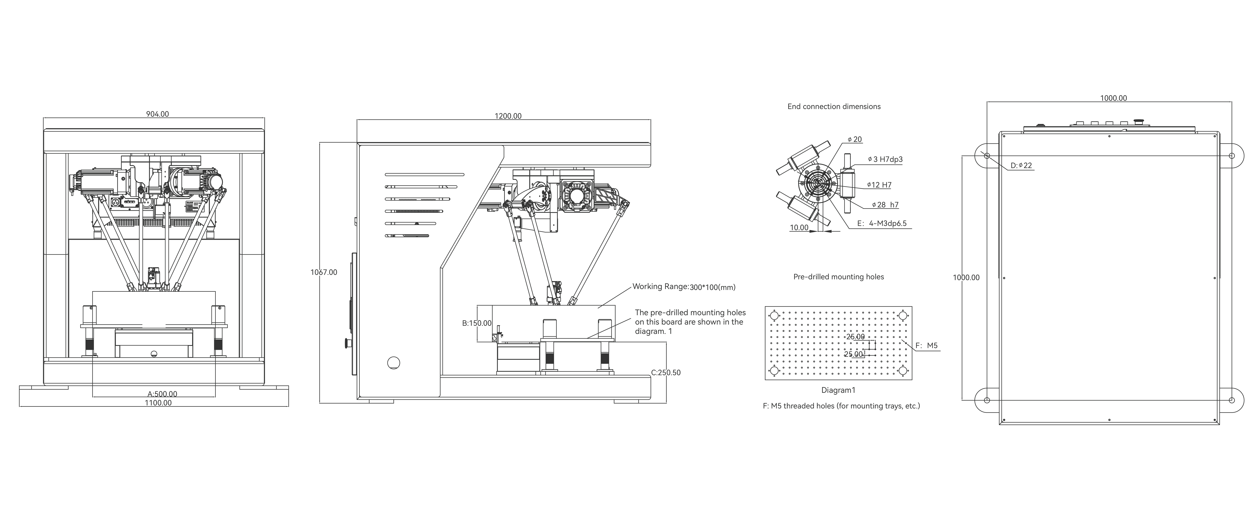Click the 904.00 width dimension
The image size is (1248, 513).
click(x=158, y=114)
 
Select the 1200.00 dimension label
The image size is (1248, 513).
click(x=508, y=116)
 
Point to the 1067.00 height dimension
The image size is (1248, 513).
click(x=324, y=272)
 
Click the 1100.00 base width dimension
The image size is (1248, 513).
click(x=158, y=403)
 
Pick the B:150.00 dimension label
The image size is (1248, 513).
click(x=477, y=323)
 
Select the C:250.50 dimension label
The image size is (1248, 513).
click(x=666, y=373)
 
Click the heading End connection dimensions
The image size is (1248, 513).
click(x=834, y=107)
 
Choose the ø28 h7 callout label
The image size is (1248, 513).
click(x=885, y=205)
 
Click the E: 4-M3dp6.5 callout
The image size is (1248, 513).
click(x=882, y=224)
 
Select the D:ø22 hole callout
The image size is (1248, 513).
click(x=1021, y=166)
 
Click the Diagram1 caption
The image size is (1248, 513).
click(x=838, y=390)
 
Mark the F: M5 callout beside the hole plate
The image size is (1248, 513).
click(x=926, y=346)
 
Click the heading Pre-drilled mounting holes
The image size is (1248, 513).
click(x=838, y=277)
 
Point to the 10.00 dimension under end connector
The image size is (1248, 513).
click(x=799, y=228)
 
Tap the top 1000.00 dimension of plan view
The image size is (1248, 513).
click(x=1113, y=98)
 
